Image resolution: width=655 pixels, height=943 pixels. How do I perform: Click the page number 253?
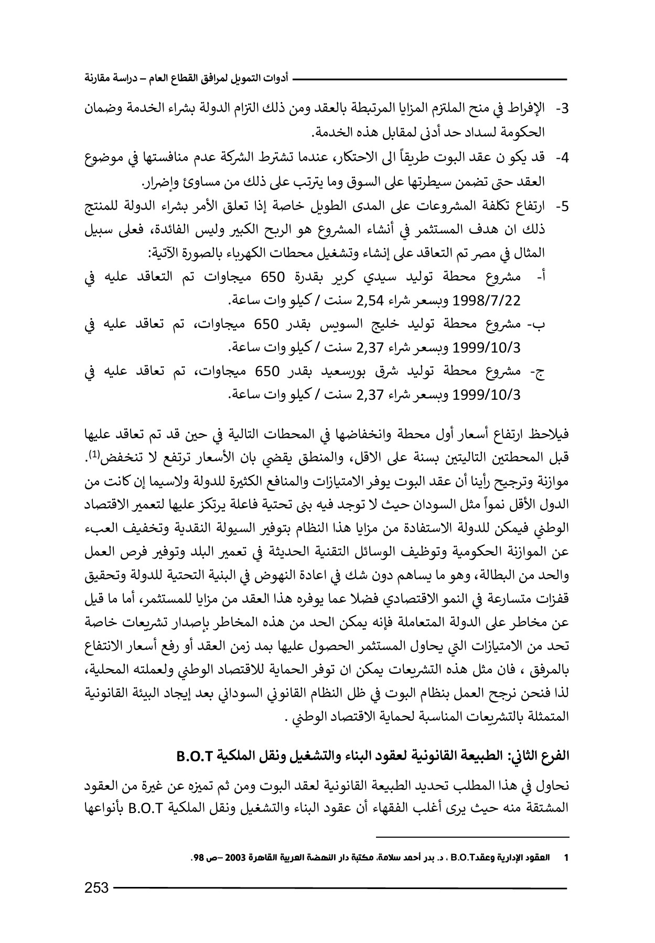(x=96, y=887)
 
